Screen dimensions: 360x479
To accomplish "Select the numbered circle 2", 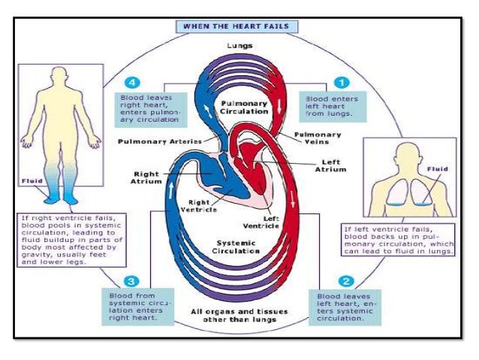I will pos(346,282).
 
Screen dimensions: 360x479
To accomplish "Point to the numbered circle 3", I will pos(130,282).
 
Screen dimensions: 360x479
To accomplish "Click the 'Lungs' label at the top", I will pos(239,46).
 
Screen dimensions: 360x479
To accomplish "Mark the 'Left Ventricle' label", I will pos(261,222).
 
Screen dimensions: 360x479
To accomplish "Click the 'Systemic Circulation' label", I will pos(238,248).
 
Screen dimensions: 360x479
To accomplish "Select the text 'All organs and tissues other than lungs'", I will pos(238,315).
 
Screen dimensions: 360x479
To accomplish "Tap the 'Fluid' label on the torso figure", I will pos(436,170).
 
